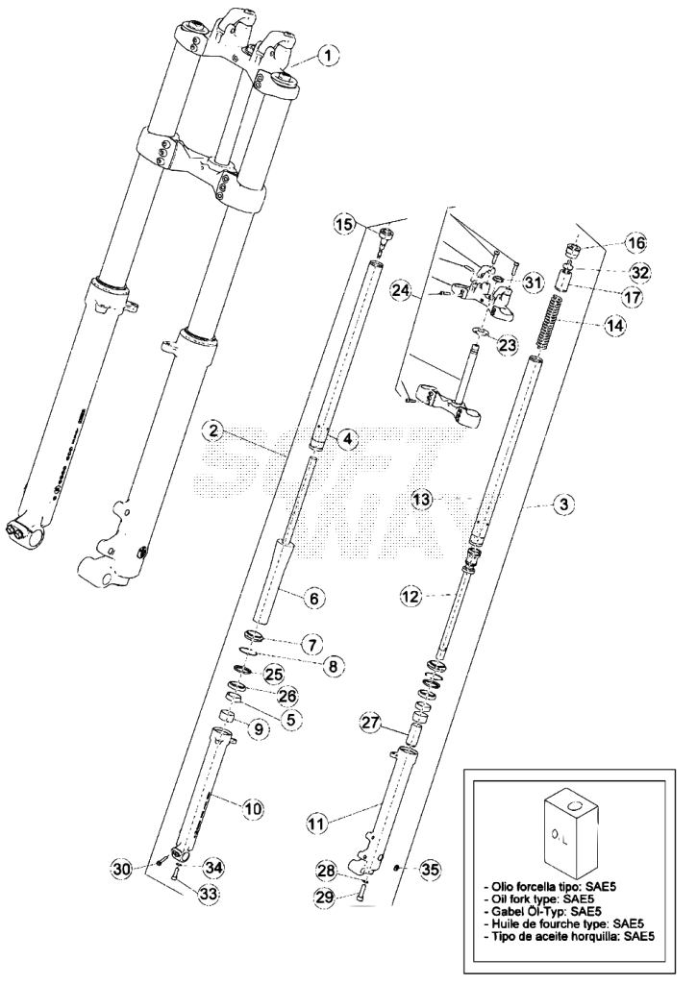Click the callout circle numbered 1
pyautogui.click(x=327, y=56)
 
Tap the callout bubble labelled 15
pyautogui.click(x=345, y=224)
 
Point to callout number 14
pyautogui.click(x=616, y=325)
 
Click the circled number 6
pyautogui.click(x=314, y=598)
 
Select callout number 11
pyautogui.click(x=319, y=824)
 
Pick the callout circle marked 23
pyautogui.click(x=507, y=345)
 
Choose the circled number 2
pyautogui.click(x=214, y=430)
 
